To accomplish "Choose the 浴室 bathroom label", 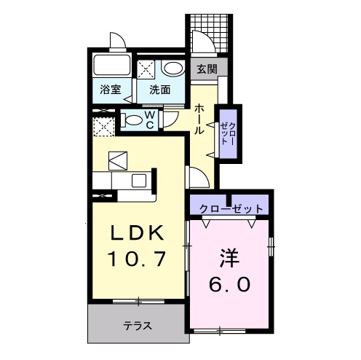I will tap(110, 90).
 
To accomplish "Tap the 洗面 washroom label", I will tap(160, 90).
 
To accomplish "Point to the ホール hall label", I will tap(199, 118).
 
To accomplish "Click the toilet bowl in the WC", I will tap(135, 120).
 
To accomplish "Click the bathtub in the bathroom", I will tap(110, 68).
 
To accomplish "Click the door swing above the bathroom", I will tap(116, 40).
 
